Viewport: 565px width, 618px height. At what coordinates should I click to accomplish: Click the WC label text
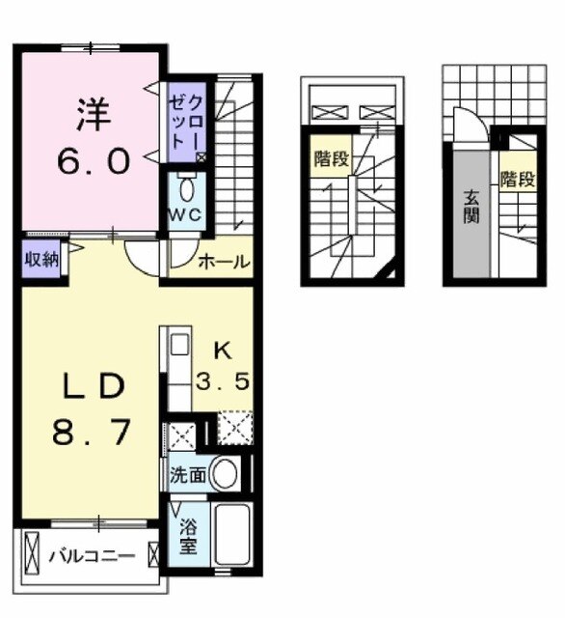pyautogui.click(x=186, y=214)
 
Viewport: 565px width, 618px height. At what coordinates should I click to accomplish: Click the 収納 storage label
pyautogui.click(x=40, y=260)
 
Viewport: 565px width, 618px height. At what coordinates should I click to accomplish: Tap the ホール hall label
pyautogui.click(x=224, y=262)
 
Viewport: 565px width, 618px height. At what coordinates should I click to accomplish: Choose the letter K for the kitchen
pyautogui.click(x=221, y=350)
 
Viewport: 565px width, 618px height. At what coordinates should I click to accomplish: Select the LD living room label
pyautogui.click(x=88, y=387)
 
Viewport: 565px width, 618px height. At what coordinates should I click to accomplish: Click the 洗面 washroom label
pyautogui.click(x=186, y=474)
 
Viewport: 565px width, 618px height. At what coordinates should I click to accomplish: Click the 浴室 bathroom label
pyautogui.click(x=187, y=536)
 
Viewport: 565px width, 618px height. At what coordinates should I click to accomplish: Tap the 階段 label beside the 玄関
pyautogui.click(x=516, y=180)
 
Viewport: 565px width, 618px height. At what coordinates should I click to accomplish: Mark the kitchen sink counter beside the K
pyautogui.click(x=178, y=371)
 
